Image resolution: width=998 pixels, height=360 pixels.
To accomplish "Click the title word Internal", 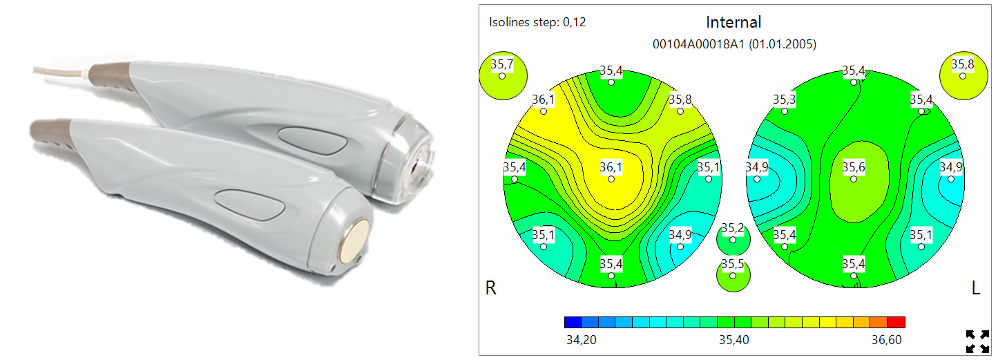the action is [x=733, y=22].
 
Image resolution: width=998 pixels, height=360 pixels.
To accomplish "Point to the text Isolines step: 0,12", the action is [x=537, y=22].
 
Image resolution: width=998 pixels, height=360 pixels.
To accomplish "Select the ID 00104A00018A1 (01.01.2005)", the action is [x=734, y=44].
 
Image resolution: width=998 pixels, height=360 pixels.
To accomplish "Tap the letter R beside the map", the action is [x=490, y=288].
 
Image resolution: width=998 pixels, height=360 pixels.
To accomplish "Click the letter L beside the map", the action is [x=976, y=288].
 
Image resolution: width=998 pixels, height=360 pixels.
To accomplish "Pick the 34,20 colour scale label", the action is [x=581, y=340].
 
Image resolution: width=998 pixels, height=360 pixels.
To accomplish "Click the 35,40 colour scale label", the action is [x=733, y=340].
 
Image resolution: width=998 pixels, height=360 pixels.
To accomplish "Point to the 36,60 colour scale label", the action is [x=887, y=340].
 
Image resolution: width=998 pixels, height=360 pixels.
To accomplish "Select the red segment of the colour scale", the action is [x=896, y=322].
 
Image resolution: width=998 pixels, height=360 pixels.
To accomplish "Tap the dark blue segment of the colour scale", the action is [x=573, y=322].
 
